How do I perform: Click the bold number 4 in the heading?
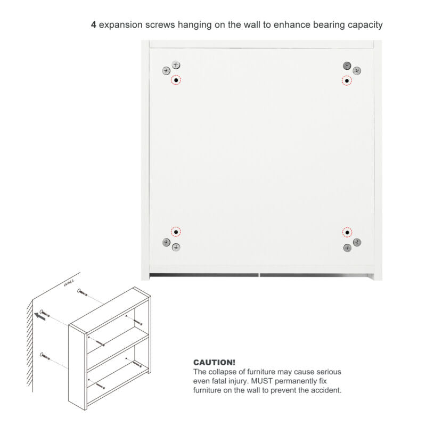(94, 24)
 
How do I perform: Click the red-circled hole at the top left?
(176, 80)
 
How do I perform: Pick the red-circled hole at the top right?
(347, 81)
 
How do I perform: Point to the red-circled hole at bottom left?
(176, 232)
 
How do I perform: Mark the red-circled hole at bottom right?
(347, 233)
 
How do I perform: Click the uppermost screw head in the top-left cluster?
(176, 65)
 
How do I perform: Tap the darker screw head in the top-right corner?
(347, 65)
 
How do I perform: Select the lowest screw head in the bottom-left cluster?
(176, 247)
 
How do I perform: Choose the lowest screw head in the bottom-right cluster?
(348, 248)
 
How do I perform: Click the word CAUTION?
(214, 363)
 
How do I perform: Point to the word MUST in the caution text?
(261, 381)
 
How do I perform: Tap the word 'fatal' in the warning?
(219, 381)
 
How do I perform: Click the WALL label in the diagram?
(69, 283)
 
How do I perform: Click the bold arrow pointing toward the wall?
(39, 316)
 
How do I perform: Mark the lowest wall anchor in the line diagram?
(45, 356)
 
